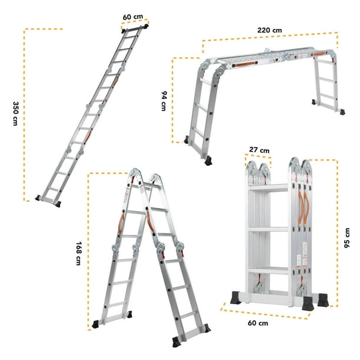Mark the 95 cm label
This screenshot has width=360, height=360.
[x=347, y=238]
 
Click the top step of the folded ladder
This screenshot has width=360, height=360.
[x=268, y=188]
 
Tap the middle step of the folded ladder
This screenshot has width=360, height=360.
[x=268, y=229]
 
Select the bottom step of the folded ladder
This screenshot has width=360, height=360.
[x=268, y=271]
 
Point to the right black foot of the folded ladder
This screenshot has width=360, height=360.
[x=322, y=298]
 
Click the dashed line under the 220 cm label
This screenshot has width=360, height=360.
[x=271, y=39]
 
